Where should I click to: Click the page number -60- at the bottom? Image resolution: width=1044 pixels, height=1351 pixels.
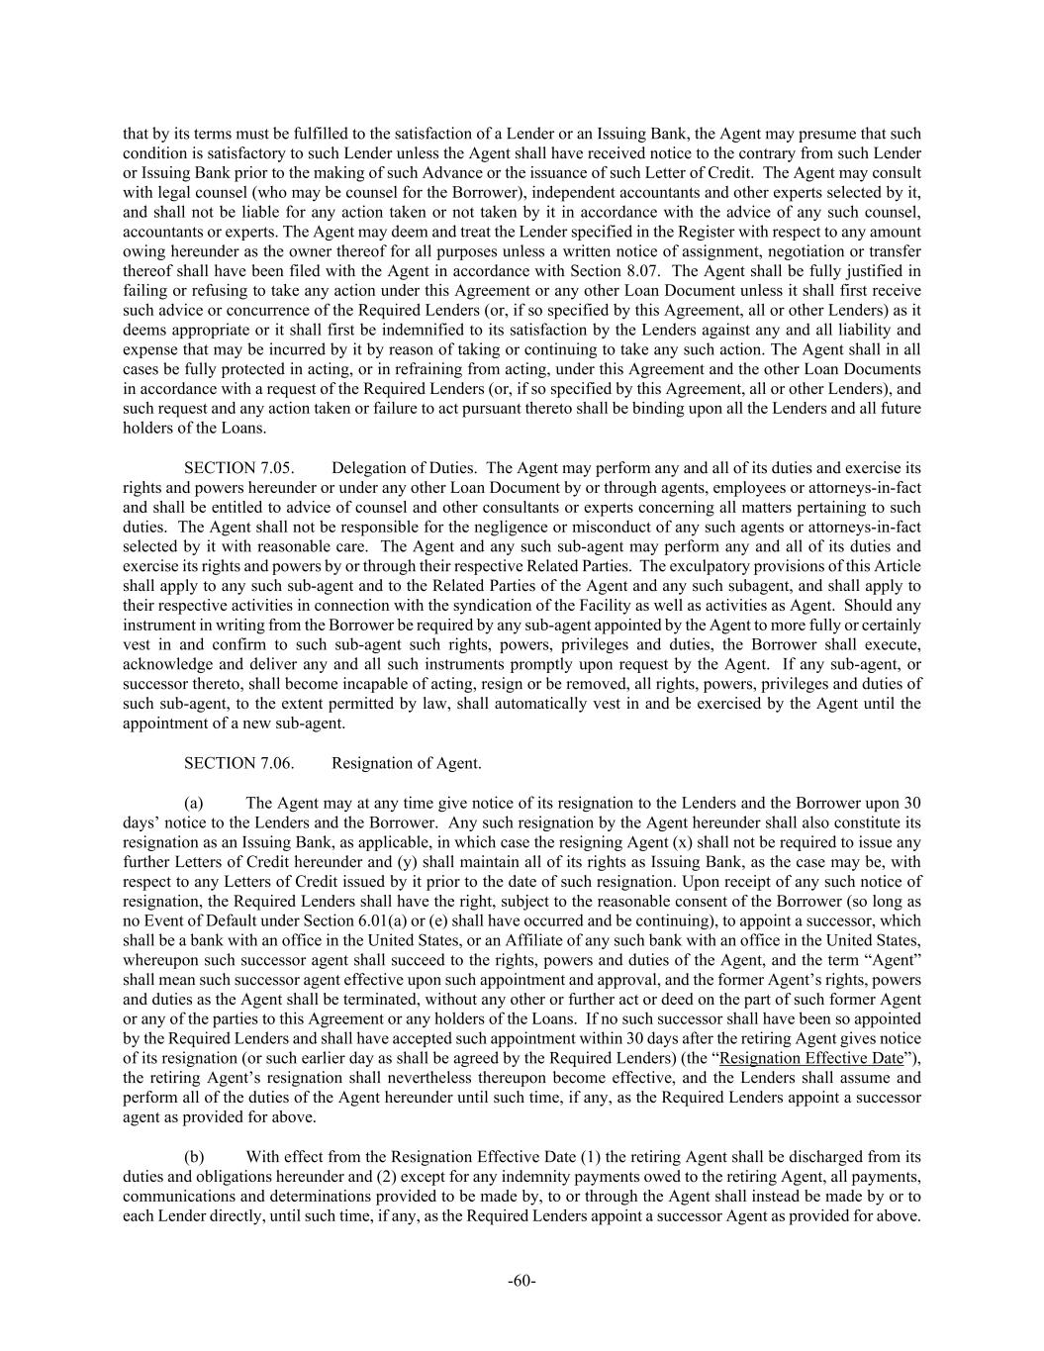tap(522, 1281)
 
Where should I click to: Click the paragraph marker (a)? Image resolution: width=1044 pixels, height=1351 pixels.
tap(194, 803)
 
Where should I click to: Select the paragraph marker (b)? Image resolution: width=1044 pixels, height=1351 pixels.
tap(195, 1156)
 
